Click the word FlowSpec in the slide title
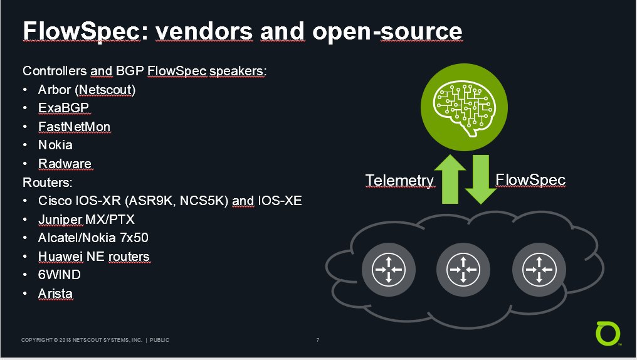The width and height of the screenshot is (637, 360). [82, 31]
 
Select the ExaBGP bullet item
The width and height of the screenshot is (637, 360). [63, 108]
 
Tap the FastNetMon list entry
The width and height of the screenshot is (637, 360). [75, 126]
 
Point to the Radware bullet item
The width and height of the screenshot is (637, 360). [65, 163]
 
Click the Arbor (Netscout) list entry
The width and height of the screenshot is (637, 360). [87, 90]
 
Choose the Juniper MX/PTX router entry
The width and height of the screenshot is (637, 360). [86, 220]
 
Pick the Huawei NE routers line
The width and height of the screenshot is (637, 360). [94, 257]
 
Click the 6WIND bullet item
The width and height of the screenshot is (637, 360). [60, 275]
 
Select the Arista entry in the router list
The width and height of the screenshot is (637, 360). [55, 294]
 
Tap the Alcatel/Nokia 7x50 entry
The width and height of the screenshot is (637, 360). [93, 238]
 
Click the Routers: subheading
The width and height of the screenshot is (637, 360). [47, 182]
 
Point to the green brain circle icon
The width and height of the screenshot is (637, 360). [464, 107]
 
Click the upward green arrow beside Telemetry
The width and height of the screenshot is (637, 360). [450, 179]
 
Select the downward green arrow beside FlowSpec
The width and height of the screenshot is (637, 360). [481, 179]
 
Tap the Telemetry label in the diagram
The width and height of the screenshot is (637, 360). [399, 181]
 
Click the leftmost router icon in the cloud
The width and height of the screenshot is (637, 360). [388, 270]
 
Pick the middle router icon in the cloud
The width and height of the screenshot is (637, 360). [463, 270]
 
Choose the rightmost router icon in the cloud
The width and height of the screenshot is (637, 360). [539, 270]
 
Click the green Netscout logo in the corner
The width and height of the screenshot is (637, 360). [608, 334]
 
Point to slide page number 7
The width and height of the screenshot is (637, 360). [318, 340]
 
